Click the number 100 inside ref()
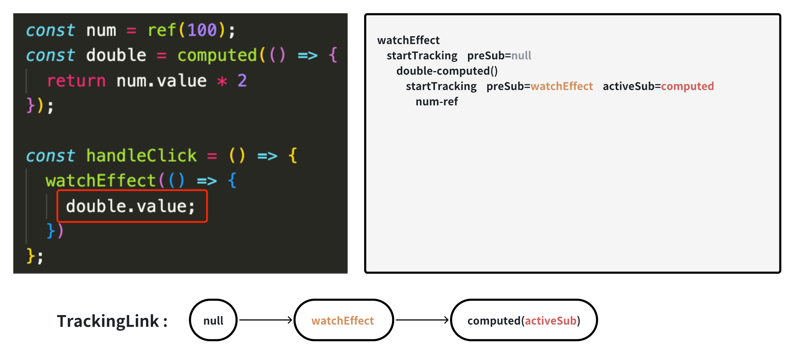(x=202, y=30)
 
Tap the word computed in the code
(x=217, y=56)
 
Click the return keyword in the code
(x=76, y=81)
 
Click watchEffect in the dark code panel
(x=101, y=181)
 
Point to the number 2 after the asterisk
(x=242, y=81)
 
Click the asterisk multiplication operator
(x=222, y=81)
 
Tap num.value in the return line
(x=162, y=81)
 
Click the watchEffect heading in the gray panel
(x=408, y=41)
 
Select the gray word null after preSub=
(x=521, y=56)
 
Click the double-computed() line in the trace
(x=447, y=71)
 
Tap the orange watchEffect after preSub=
(x=562, y=86)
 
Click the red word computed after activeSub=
(x=687, y=86)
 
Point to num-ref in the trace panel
(x=437, y=102)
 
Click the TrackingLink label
(x=112, y=321)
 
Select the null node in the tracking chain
(x=213, y=320)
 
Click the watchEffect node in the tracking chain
(x=343, y=320)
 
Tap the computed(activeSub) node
(x=524, y=320)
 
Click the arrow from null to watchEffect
(x=266, y=320)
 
